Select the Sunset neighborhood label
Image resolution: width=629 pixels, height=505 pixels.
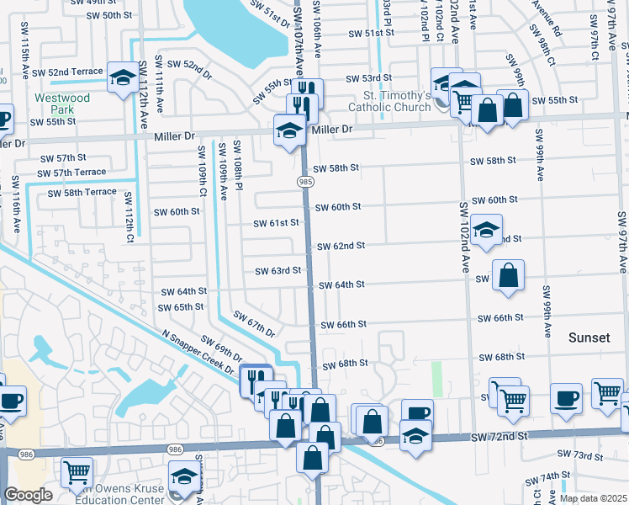tap(589, 338)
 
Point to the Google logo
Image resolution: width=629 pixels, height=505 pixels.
tap(28, 494)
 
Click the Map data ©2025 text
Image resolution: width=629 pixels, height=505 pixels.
tap(593, 498)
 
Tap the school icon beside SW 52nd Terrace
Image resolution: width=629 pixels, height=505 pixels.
tap(123, 79)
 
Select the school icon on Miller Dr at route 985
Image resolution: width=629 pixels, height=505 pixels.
tap(289, 130)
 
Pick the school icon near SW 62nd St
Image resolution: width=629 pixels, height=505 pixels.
tap(485, 229)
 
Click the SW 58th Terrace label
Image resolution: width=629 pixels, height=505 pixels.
tap(82, 193)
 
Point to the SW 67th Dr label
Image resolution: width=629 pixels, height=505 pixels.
tap(254, 325)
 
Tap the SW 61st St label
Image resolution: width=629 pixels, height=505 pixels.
tap(277, 223)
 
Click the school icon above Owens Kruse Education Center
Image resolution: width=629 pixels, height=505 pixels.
tap(183, 476)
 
